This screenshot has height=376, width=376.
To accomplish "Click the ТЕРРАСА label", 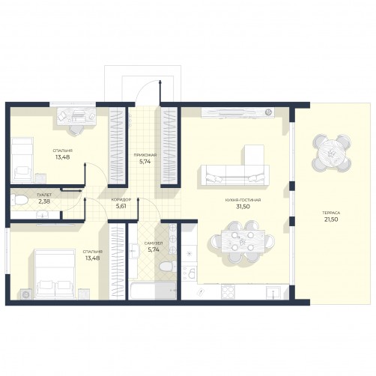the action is pos(331,213).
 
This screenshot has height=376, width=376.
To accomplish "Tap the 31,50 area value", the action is pos(243,207).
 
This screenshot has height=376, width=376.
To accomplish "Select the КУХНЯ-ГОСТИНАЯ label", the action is pos(243,200).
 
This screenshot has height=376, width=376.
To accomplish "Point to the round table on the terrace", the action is pos(332,153).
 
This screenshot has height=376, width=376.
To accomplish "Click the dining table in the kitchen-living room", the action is pos(243,241).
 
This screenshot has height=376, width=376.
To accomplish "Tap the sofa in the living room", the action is pos(235,175).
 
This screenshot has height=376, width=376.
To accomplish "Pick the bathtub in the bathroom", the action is pos(153,291).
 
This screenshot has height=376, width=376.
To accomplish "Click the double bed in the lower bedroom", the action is pos(55,273).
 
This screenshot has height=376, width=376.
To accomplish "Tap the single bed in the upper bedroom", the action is pos(22,160).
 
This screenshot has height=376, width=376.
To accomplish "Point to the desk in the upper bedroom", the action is pos(76,116).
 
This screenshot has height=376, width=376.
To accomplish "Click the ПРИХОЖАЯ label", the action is pos(145,155).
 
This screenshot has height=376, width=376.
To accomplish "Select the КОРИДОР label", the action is pos(121,200).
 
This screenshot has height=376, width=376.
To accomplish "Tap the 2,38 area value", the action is pos(44,201).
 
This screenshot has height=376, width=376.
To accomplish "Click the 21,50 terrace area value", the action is pos(331,219).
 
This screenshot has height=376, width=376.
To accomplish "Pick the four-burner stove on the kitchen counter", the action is pos(228,292).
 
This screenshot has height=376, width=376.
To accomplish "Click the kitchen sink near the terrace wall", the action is pos(273,292).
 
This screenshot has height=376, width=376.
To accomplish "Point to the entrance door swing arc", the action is pos(145,86).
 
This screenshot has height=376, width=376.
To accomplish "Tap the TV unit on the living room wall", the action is pos(237,112).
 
